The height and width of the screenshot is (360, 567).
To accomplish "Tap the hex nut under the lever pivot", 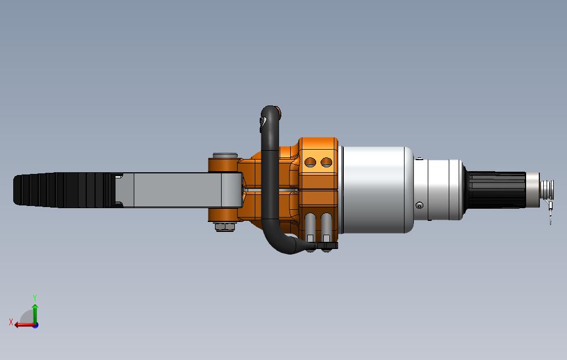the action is (224, 226).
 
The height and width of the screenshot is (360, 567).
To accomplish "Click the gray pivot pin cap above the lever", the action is (225, 156).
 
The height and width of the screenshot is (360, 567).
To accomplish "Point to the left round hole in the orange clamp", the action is (310, 162).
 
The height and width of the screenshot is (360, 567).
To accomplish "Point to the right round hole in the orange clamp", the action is (326, 162).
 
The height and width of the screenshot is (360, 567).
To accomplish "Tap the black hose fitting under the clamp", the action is (327, 246).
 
